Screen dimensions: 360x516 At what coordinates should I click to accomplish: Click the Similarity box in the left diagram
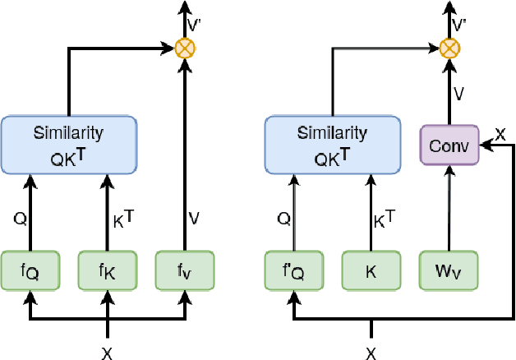tap(68, 144)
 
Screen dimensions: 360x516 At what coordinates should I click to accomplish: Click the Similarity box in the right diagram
tap(332, 144)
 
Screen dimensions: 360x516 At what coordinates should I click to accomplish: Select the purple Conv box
tap(449, 145)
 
